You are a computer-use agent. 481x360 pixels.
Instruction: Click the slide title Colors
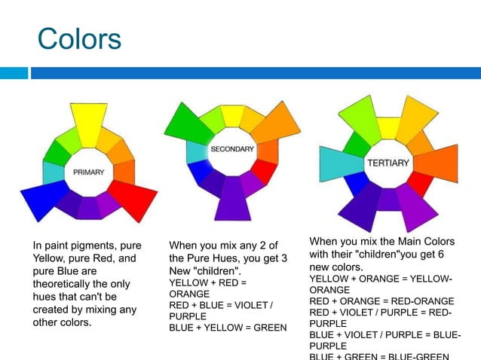tap(79, 38)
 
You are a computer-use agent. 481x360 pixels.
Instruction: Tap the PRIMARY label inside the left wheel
tap(88, 172)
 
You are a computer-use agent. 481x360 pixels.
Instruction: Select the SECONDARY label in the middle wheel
tap(231, 149)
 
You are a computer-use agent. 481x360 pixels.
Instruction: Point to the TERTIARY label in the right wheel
tap(388, 163)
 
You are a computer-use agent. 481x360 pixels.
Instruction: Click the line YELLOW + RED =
tap(207, 282)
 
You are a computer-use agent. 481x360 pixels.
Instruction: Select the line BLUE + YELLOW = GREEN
tap(228, 328)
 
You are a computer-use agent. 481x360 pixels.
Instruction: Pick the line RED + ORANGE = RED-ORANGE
tap(381, 301)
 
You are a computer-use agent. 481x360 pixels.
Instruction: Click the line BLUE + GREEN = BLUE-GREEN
tap(379, 355)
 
